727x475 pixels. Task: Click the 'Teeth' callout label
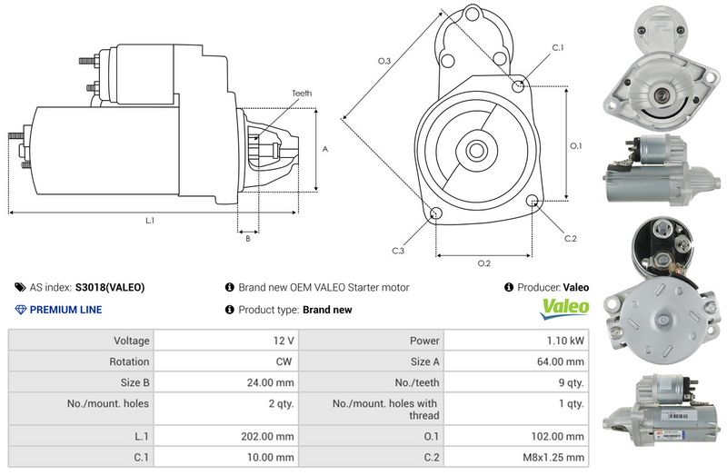(302, 94)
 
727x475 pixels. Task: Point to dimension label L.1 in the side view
(150, 221)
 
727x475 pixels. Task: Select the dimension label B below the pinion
(248, 239)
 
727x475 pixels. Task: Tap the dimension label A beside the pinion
(325, 149)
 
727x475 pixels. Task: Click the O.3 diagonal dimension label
(384, 61)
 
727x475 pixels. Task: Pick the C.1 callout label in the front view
(558, 47)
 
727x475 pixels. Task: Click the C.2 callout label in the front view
(571, 238)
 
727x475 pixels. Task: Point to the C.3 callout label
(398, 251)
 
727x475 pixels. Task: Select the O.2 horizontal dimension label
(484, 263)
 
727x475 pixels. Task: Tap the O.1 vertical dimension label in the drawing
(575, 146)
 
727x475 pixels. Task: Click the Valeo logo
(564, 308)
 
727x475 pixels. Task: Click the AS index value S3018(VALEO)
(110, 287)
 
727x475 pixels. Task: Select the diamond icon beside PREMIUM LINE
(20, 310)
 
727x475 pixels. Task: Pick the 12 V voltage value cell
(284, 341)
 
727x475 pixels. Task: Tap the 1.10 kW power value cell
(565, 341)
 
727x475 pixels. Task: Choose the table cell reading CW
(284, 361)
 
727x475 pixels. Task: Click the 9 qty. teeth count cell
(572, 382)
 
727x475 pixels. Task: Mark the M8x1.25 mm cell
(553, 458)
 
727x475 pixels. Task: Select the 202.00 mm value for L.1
(267, 437)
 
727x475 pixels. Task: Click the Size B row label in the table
(134, 382)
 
